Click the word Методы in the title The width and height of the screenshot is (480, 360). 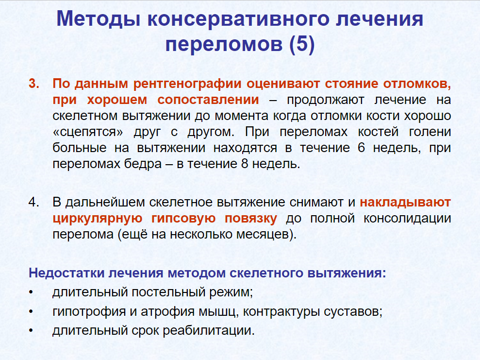coord(98,19)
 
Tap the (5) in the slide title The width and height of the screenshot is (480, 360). coord(302,44)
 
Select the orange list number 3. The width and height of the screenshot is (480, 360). coord(33,84)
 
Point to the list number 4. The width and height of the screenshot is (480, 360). coord(33,202)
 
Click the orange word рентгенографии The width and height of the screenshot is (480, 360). coord(187,84)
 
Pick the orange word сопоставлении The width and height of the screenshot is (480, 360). coord(208,100)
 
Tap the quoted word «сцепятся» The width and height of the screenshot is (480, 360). coord(88,132)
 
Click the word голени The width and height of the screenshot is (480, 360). coord(430,132)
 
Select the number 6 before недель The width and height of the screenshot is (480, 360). coord(361,148)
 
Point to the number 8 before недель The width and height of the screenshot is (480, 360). coord(245,164)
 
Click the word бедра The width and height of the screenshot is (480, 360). coord(143,164)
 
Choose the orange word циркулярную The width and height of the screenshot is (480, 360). coord(98,219)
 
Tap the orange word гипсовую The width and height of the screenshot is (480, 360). coord(183,219)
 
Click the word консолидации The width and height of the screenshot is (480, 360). coord(407,219)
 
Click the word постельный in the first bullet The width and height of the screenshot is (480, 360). coord(169,292)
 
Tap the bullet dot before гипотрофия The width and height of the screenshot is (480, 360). coord(31,312)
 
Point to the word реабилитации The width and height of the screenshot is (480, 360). coord(208,331)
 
